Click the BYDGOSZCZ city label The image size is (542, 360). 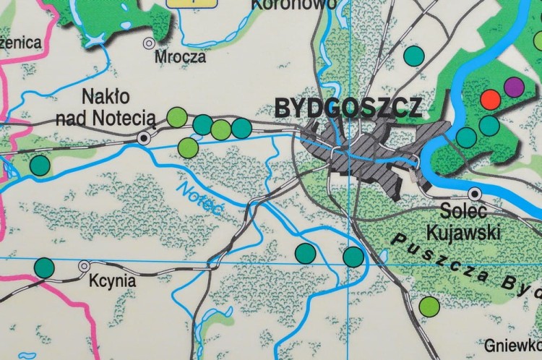point(348,108)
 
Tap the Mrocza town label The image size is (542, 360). point(184,56)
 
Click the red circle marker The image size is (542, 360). point(491,99)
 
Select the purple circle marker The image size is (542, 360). point(514,87)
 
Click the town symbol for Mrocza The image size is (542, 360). point(149,43)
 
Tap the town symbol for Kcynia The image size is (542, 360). point(85,266)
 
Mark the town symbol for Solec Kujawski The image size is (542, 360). point(475,193)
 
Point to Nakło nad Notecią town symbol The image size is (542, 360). point(145,137)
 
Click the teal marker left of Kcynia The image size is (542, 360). point(44,267)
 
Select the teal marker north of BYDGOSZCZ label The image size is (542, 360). point(413,54)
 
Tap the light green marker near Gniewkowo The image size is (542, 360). point(429,306)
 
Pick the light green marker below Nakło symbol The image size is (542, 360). point(188,147)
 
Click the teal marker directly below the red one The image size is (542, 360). point(489,126)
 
